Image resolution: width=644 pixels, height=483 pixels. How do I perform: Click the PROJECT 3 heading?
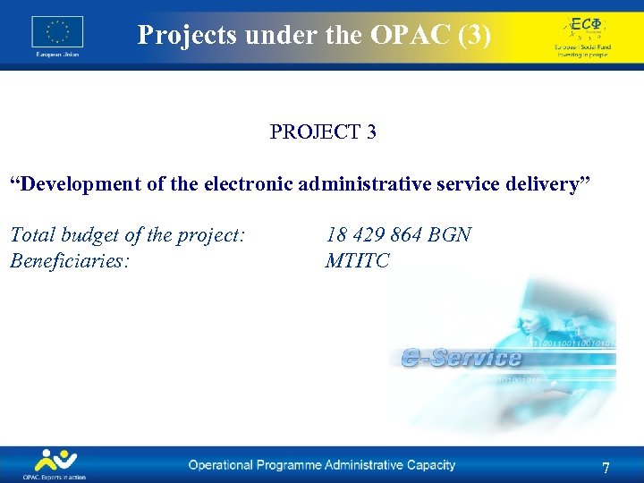pos(323,132)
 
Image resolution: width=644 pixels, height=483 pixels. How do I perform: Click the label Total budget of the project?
pos(128,235)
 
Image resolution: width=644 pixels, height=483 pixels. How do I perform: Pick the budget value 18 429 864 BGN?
pos(399,235)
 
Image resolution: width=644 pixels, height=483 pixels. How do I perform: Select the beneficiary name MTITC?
pos(358,261)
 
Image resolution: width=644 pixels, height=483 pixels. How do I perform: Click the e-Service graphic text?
pos(462,359)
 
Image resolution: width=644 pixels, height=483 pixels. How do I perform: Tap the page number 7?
pos(606,469)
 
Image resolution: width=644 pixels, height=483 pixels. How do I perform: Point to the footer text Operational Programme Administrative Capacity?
pos(321,465)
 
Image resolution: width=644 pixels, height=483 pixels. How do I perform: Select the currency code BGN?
pos(449,235)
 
